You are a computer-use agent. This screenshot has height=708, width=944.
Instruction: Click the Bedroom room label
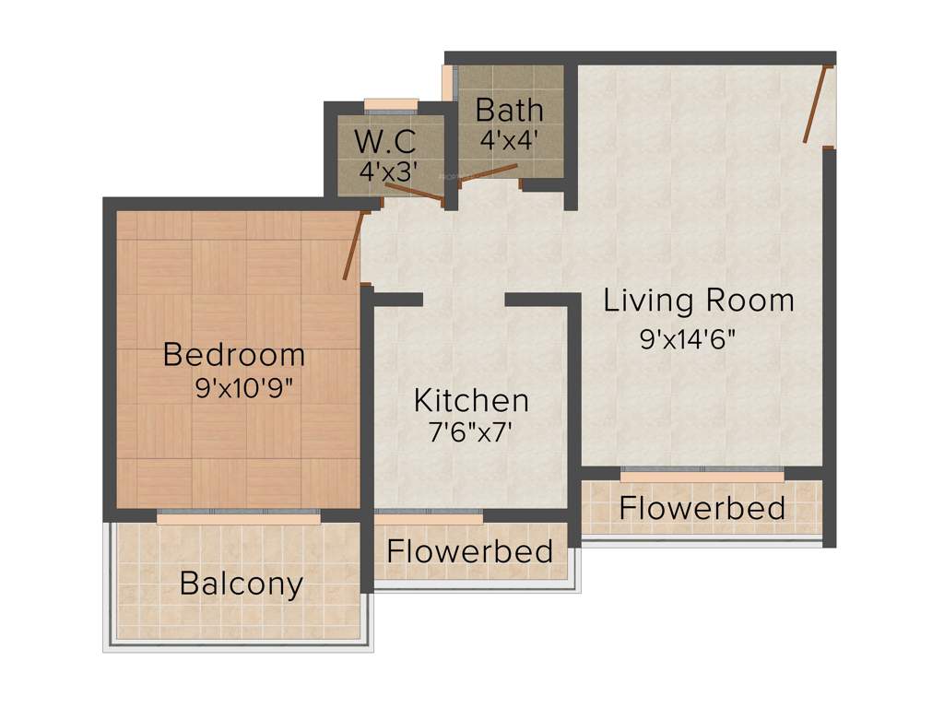(x=234, y=354)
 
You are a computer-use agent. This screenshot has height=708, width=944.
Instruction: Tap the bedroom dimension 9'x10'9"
(x=244, y=389)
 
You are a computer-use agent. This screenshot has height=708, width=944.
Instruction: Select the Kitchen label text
(x=471, y=400)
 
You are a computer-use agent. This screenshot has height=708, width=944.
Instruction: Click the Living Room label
(x=699, y=301)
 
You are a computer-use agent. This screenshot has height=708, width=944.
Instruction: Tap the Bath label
(x=509, y=111)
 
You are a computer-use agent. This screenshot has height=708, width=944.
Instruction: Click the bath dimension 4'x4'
(x=509, y=140)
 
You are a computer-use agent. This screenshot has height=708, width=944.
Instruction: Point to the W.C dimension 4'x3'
(x=389, y=171)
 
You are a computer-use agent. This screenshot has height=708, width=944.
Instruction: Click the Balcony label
(x=241, y=584)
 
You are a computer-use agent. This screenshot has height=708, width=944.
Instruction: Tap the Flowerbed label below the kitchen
(x=470, y=551)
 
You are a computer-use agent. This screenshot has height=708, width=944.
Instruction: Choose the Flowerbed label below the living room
(x=702, y=508)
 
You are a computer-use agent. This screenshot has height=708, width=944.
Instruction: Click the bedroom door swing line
(x=351, y=247)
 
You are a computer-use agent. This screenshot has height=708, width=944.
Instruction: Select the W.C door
(x=414, y=192)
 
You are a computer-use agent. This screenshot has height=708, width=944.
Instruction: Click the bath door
(x=489, y=171)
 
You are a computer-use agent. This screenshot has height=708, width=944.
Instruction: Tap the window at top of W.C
(x=392, y=104)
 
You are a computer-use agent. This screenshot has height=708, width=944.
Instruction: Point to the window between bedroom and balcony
(x=239, y=518)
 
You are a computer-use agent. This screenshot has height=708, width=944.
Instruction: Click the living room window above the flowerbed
(x=702, y=475)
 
